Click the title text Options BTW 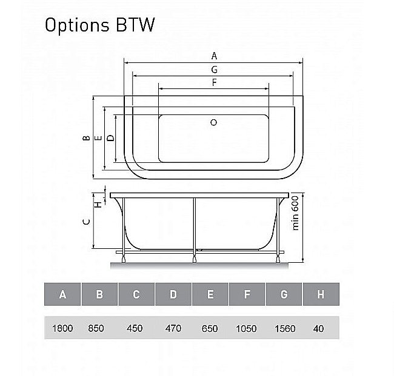(100, 25)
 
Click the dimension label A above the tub (214, 56)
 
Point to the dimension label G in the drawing (214, 70)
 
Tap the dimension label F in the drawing (214, 83)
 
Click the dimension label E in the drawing (98, 137)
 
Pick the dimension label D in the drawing (110, 137)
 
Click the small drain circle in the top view (213, 122)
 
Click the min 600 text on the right (296, 214)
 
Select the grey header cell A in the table (62, 295)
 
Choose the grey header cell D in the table (173, 295)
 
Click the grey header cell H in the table (321, 295)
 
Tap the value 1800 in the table (62, 328)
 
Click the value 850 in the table (96, 328)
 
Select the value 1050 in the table (246, 328)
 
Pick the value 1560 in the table (284, 328)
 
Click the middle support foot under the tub (194, 260)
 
